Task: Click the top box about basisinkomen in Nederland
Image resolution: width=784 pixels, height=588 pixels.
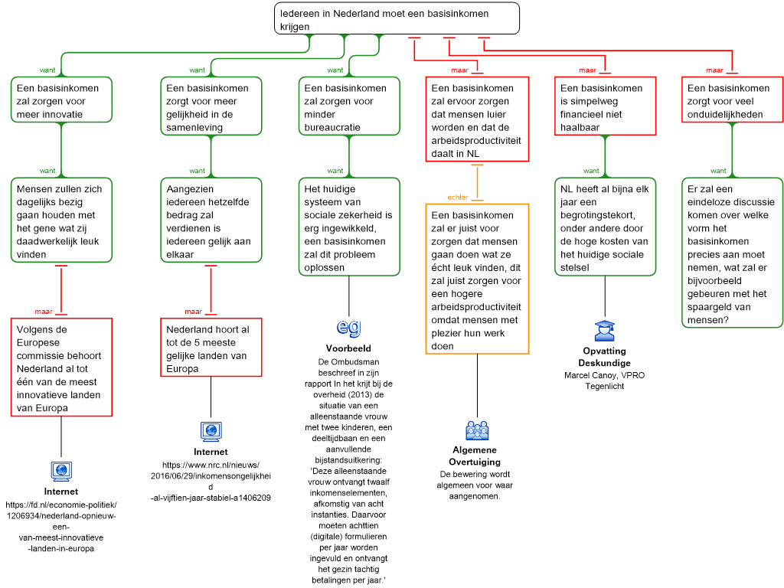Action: (x=397, y=18)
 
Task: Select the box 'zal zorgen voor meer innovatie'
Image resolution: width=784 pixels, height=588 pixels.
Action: (x=61, y=100)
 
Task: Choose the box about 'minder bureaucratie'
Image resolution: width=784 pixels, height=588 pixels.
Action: (x=348, y=106)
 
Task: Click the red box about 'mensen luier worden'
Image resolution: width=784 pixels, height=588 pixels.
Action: (x=477, y=119)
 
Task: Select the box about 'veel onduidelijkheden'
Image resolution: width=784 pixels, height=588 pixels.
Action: (x=732, y=100)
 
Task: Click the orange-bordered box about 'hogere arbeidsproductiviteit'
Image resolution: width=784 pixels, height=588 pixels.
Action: (x=477, y=279)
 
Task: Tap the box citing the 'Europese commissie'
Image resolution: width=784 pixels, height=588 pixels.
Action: (x=61, y=367)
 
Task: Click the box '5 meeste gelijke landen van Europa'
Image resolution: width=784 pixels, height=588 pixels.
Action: (x=211, y=348)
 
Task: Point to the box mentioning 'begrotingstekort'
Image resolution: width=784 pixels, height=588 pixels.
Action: (x=605, y=227)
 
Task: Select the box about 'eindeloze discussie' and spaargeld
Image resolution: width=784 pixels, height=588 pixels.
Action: (x=732, y=253)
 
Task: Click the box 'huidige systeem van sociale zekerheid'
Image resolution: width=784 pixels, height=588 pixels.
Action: (x=348, y=227)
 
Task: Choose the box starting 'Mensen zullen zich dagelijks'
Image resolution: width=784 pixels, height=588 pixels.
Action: (x=61, y=220)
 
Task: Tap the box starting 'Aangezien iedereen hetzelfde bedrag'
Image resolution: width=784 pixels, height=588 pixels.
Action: (x=211, y=220)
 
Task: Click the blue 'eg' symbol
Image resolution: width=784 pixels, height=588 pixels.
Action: (x=348, y=327)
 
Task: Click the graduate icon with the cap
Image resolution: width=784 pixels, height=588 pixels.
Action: (x=604, y=331)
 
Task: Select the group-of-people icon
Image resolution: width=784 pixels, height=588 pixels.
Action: (x=477, y=431)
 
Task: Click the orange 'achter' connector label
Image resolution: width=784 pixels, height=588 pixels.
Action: (x=458, y=198)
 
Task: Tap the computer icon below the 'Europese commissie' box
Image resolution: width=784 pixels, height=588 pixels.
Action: (x=61, y=471)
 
